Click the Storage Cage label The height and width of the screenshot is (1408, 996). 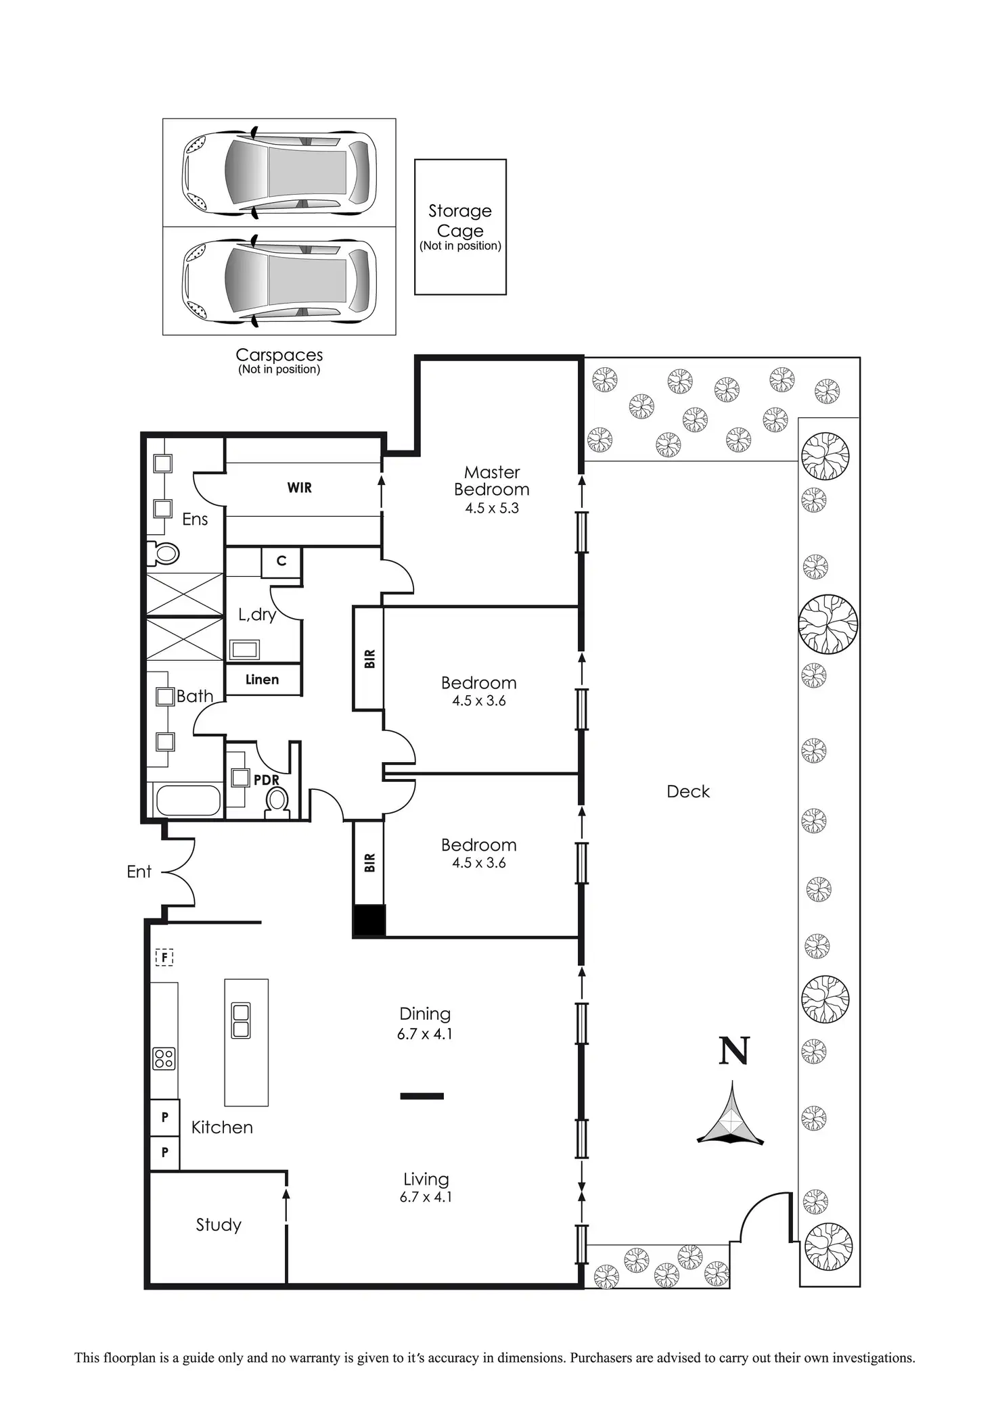point(460,221)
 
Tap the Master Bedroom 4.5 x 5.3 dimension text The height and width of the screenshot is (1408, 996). point(492,509)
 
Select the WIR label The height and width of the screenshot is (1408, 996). point(300,488)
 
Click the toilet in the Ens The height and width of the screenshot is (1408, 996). point(163,554)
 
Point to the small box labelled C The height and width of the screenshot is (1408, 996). point(281,561)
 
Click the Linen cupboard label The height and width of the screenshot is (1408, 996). point(262,680)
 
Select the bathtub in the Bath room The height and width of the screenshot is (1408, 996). point(188,801)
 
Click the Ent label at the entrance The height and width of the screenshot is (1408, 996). point(139,872)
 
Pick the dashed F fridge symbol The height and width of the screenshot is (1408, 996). point(164,958)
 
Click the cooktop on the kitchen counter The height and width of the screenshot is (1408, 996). point(164,1058)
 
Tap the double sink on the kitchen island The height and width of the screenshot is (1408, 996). point(241,1020)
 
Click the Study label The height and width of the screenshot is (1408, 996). point(219,1225)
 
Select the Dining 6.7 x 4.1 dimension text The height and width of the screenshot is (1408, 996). point(425,1034)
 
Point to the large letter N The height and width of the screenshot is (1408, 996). point(733,1051)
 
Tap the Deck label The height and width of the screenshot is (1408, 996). point(688,792)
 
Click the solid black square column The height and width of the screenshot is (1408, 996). point(369,920)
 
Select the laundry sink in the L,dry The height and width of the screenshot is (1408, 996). point(244,650)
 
